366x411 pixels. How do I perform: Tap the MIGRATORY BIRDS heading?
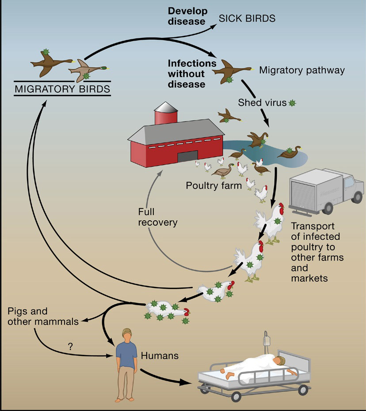(63, 89)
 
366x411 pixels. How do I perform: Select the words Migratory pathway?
(301, 70)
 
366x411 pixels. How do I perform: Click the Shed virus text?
(262, 103)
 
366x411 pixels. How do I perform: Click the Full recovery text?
(158, 217)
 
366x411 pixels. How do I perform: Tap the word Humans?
(160, 354)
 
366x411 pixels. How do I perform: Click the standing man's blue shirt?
(127, 352)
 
